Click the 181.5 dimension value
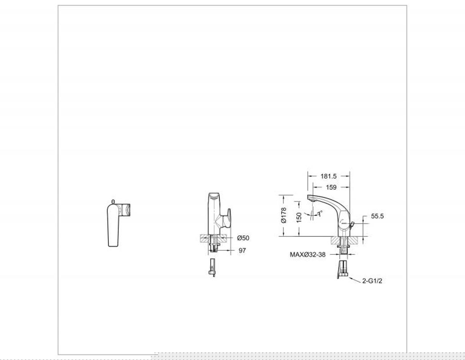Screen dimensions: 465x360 point(328,176)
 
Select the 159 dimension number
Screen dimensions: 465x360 point(331,187)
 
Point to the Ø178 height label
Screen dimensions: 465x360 point(283,215)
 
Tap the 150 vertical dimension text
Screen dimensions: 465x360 point(299,217)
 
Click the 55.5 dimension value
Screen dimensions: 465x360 point(377,216)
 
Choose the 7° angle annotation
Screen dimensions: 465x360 point(320,213)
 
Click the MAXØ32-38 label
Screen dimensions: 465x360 point(307,254)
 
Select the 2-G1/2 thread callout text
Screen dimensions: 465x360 point(372,281)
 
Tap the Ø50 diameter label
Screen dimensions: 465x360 point(243,238)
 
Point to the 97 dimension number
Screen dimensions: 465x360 point(242,250)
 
